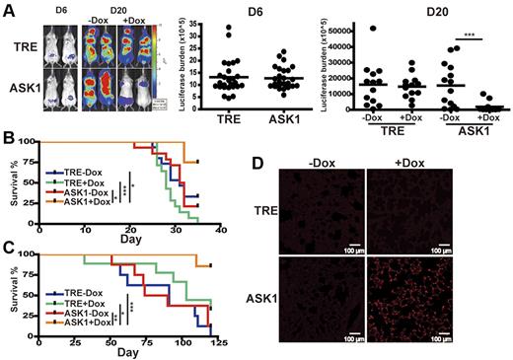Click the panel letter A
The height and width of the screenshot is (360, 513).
(8, 8)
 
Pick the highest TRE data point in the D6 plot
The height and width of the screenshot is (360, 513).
(231, 30)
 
